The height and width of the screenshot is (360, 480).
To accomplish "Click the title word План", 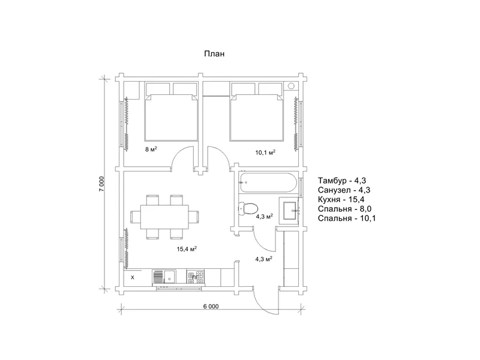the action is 214,53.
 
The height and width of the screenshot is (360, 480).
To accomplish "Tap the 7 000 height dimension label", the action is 101,184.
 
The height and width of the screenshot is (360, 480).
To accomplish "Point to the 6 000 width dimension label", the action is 211,306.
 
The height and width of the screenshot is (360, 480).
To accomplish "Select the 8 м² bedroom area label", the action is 151,149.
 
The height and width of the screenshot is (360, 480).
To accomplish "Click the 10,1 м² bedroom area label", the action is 265,152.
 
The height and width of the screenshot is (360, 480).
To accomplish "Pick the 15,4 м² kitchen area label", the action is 187,249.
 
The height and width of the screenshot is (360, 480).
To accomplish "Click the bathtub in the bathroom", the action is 268,183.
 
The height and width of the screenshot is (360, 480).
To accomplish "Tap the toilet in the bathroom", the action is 247,208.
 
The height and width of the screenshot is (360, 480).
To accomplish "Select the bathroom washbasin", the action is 289,211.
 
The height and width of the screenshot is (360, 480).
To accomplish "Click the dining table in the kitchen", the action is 164,217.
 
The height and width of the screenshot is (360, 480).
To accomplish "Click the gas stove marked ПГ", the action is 196,278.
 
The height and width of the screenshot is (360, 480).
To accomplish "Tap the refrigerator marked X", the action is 133,278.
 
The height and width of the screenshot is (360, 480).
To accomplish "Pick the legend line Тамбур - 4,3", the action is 342,181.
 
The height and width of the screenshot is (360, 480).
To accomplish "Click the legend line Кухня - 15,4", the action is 341,199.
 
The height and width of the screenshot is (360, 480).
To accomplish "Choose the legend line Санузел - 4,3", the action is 344,190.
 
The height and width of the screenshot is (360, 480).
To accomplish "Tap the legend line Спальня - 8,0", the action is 344,209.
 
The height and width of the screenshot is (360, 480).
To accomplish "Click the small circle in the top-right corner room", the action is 291,86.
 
